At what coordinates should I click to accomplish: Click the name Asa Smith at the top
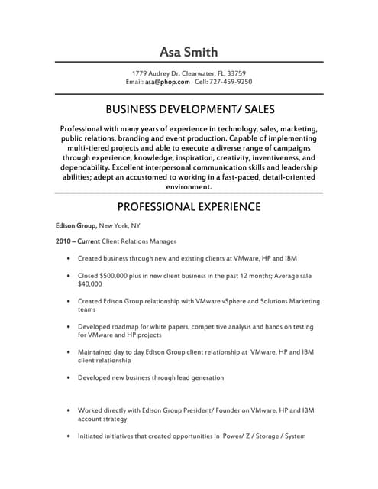coord(189,52)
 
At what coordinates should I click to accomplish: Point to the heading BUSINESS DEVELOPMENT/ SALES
coord(189,109)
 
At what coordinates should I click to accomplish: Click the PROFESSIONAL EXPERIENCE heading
coord(189,207)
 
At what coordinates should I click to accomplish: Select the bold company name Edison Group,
coord(76,226)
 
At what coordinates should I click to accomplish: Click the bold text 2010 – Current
coord(73,241)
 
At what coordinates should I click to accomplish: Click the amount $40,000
coord(90,283)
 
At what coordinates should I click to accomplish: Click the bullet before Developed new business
coord(69,378)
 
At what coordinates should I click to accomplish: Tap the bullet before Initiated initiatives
coord(69,436)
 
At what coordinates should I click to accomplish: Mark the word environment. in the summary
coord(189,186)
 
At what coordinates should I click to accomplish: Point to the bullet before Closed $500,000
coord(69,276)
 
